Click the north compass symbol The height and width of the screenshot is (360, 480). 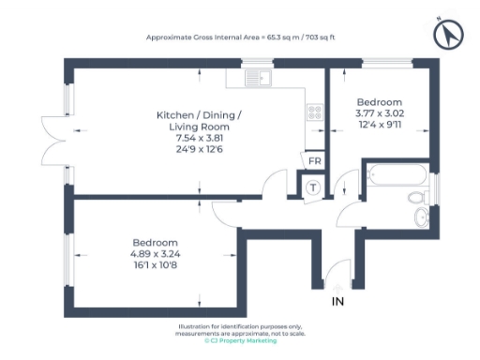448,36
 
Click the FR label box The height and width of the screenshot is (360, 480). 314,161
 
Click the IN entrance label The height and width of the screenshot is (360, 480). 337,302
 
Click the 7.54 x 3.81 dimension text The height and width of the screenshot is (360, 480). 198,139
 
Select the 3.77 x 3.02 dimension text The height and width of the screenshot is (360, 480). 380,113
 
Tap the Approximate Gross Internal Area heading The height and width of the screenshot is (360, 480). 240,37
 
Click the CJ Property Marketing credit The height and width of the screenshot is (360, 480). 241,341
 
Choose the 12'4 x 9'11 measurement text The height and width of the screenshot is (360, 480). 380,125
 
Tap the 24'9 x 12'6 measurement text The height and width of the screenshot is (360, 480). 198,149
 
